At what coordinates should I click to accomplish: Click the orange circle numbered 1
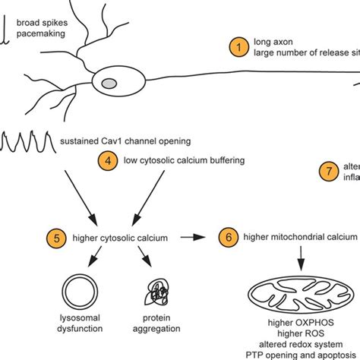point(238,47)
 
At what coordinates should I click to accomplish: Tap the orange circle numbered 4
point(110,160)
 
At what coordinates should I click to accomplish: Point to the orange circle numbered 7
point(329,172)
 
